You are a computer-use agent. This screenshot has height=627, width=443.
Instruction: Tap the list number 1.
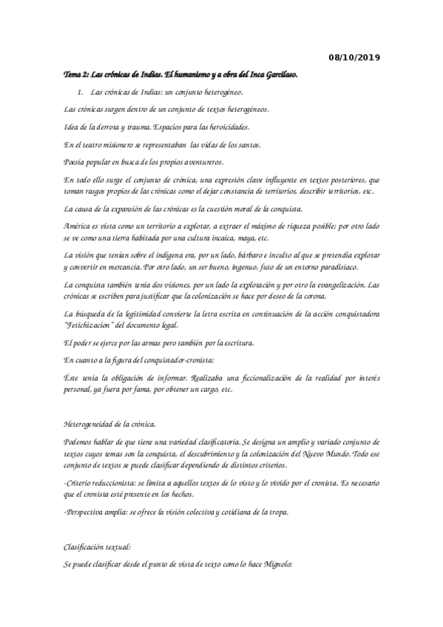(80, 92)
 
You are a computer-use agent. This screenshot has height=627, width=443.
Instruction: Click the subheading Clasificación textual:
(98, 548)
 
